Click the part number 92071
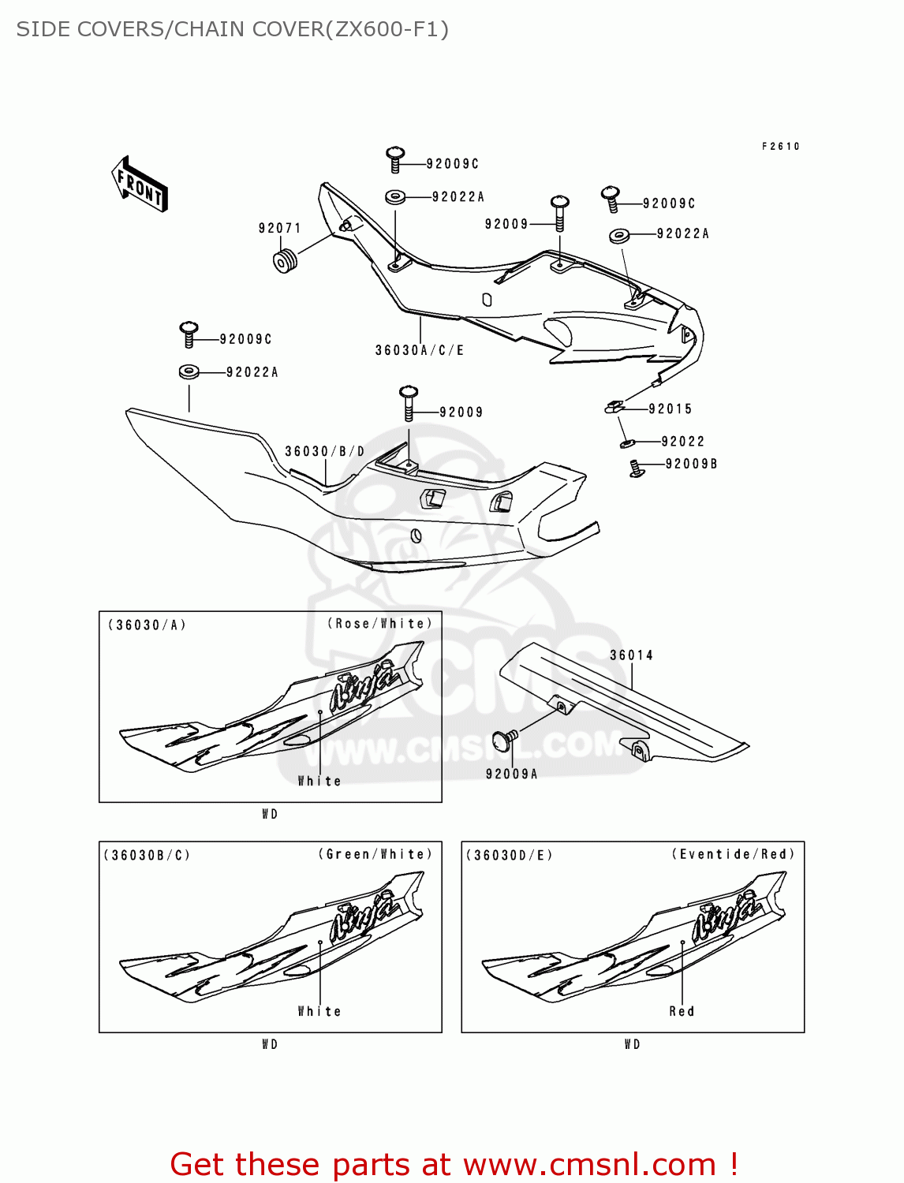point(279,229)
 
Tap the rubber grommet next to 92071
point(285,260)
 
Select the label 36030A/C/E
point(419,350)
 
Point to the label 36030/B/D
point(324,452)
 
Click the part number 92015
point(670,409)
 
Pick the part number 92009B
point(691,464)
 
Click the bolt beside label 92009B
point(636,469)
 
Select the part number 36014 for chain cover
point(631,655)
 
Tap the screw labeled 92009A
point(502,741)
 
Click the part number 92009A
point(511,774)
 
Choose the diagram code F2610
point(780,147)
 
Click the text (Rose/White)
point(379,624)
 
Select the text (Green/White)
point(375,854)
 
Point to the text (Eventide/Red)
point(733,854)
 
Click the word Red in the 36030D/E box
point(682,1011)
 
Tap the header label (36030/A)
point(147,625)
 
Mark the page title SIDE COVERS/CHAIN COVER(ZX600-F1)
point(232,29)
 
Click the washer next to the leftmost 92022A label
point(189,371)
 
